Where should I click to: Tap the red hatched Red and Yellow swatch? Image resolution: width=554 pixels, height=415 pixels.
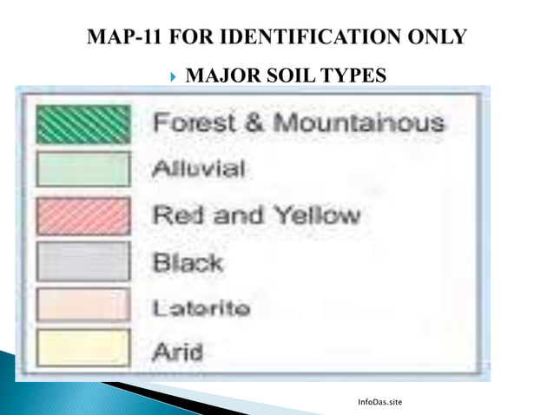coord(83,215)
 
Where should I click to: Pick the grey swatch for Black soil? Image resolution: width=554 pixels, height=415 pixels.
coord(83,261)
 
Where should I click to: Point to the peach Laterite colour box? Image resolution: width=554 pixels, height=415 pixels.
coord(83,306)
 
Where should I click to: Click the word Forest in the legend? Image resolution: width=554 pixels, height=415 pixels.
coord(187,123)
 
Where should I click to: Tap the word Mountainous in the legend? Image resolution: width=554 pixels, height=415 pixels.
coord(360,123)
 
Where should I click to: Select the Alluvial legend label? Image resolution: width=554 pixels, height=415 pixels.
coord(199,168)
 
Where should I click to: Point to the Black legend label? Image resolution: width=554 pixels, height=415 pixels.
coord(188,260)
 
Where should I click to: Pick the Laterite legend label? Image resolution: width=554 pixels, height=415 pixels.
coord(202,307)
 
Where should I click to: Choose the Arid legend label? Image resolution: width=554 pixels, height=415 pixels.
coord(178,352)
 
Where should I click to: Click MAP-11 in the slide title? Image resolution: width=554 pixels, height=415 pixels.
coord(125,36)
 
